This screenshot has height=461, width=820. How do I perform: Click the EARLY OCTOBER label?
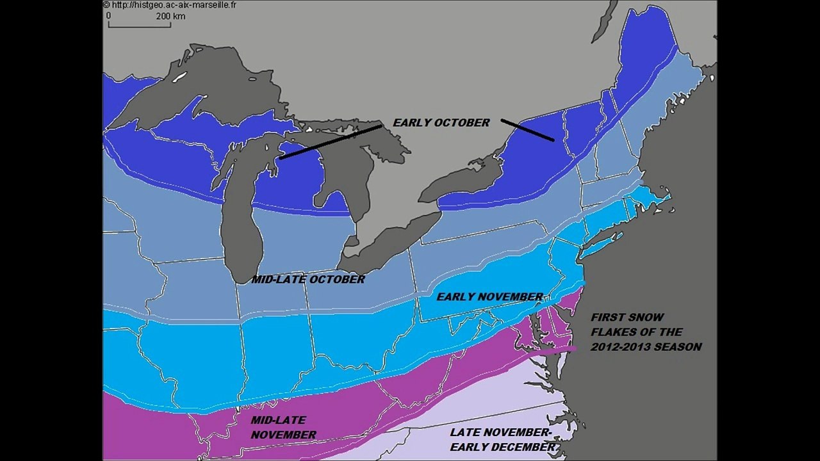click(x=441, y=122)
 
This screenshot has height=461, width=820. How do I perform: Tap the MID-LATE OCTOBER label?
click(x=307, y=279)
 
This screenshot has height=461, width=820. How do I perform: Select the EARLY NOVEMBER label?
click(x=489, y=296)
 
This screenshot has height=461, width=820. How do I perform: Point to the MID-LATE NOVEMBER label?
click(x=283, y=428)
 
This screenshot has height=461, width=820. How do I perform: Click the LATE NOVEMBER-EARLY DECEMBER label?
click(x=502, y=440)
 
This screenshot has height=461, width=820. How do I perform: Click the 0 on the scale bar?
click(x=108, y=16)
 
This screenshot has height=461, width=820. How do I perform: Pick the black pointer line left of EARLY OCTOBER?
click(x=331, y=142)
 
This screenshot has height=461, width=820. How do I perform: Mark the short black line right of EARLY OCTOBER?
click(x=527, y=130)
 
